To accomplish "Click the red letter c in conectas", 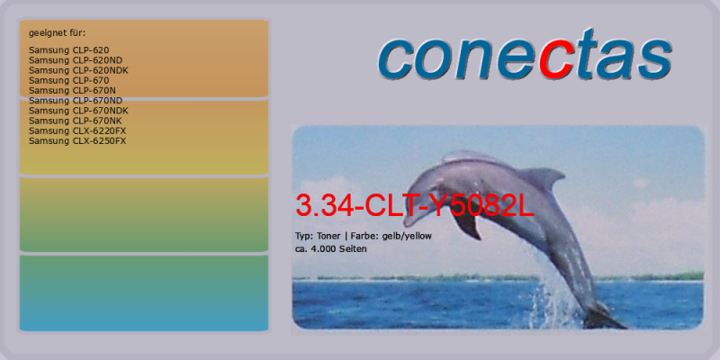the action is (555, 61).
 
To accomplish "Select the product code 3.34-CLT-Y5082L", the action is (415, 206).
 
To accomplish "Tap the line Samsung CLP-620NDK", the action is (78, 70).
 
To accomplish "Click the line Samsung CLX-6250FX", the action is (77, 141).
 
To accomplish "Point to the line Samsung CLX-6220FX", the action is (77, 130).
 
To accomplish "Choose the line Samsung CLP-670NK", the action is (76, 121).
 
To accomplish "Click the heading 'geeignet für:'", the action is (58, 33).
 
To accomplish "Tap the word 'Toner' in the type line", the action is (328, 236).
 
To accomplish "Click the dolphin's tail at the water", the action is (604, 317).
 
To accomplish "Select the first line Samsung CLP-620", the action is (69, 50).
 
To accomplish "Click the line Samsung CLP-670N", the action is (72, 91).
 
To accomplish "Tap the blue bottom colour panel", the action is (144, 293).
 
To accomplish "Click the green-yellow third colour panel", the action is (144, 214).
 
